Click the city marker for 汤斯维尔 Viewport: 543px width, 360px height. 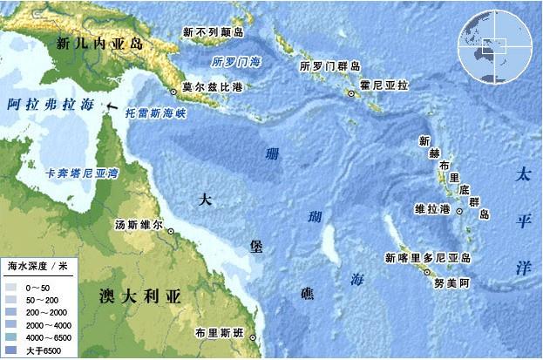click(x=172, y=231)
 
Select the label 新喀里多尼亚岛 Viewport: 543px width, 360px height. click(x=428, y=258)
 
